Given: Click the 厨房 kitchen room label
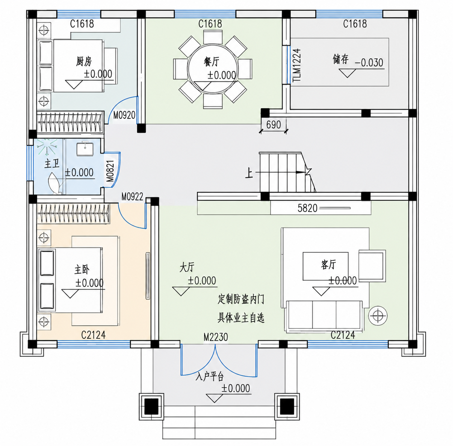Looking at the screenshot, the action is [84, 61].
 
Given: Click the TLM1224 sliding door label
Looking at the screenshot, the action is [297, 65].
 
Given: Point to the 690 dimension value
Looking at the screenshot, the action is [274, 124].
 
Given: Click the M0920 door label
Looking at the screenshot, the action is [124, 115].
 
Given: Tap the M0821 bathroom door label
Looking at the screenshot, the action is [110, 171].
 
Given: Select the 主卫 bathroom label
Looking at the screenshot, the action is [52, 164].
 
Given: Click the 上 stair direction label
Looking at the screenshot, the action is [249, 173].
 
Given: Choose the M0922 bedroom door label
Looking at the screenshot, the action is [132, 197].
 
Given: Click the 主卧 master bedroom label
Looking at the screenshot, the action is [82, 270].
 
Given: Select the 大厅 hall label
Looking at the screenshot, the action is [187, 267].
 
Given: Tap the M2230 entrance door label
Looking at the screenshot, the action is [215, 337].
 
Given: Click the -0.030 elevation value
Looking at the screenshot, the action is [369, 63].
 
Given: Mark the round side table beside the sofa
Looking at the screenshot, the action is [378, 316].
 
